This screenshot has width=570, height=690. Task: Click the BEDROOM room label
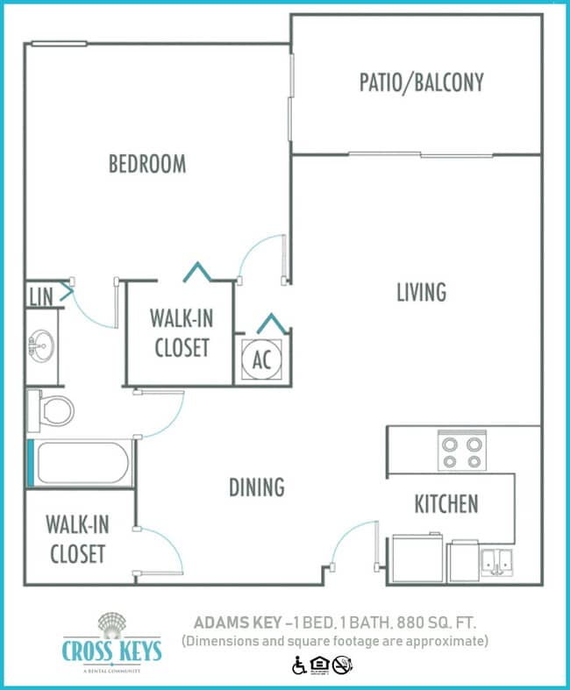(x=147, y=164)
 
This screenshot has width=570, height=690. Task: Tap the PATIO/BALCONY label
(x=421, y=82)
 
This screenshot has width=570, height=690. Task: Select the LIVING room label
(x=421, y=292)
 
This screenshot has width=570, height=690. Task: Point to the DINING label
(x=256, y=487)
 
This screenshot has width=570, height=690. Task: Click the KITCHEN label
(x=446, y=504)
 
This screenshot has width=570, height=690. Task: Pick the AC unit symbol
(x=261, y=359)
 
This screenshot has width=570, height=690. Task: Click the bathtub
(x=84, y=463)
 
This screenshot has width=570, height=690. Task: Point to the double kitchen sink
(x=496, y=560)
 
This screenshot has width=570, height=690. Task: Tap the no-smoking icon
(x=342, y=666)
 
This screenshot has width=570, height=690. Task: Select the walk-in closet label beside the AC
(x=182, y=332)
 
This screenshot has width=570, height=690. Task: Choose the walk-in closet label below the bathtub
(x=77, y=539)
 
